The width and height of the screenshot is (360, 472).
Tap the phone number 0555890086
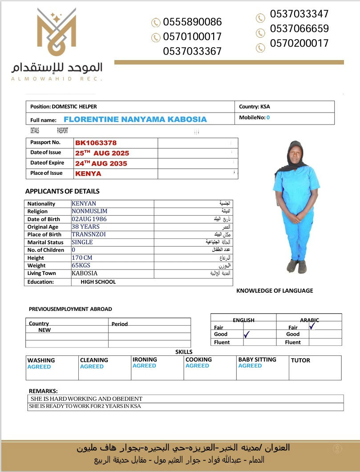click(x=192, y=22)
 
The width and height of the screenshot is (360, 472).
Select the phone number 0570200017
click(x=299, y=43)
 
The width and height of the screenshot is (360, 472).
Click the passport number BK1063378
click(x=96, y=143)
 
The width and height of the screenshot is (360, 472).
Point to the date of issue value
click(x=102, y=153)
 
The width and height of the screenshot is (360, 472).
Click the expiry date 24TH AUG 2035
click(x=101, y=163)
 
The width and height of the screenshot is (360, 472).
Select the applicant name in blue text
click(x=135, y=119)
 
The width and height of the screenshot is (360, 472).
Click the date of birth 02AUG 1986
click(x=89, y=219)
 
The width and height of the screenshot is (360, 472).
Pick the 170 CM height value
click(x=82, y=258)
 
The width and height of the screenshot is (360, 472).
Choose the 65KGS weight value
click(x=81, y=266)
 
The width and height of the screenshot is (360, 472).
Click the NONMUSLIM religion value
click(x=89, y=211)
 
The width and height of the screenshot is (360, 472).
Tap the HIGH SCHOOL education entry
click(x=98, y=282)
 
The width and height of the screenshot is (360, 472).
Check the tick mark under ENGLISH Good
click(x=247, y=334)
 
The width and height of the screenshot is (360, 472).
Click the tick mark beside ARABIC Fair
click(x=312, y=326)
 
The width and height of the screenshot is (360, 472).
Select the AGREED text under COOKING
click(x=197, y=366)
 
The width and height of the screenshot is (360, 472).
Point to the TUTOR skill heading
click(x=300, y=360)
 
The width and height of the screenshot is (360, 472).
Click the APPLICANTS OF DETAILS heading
click(x=62, y=191)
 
